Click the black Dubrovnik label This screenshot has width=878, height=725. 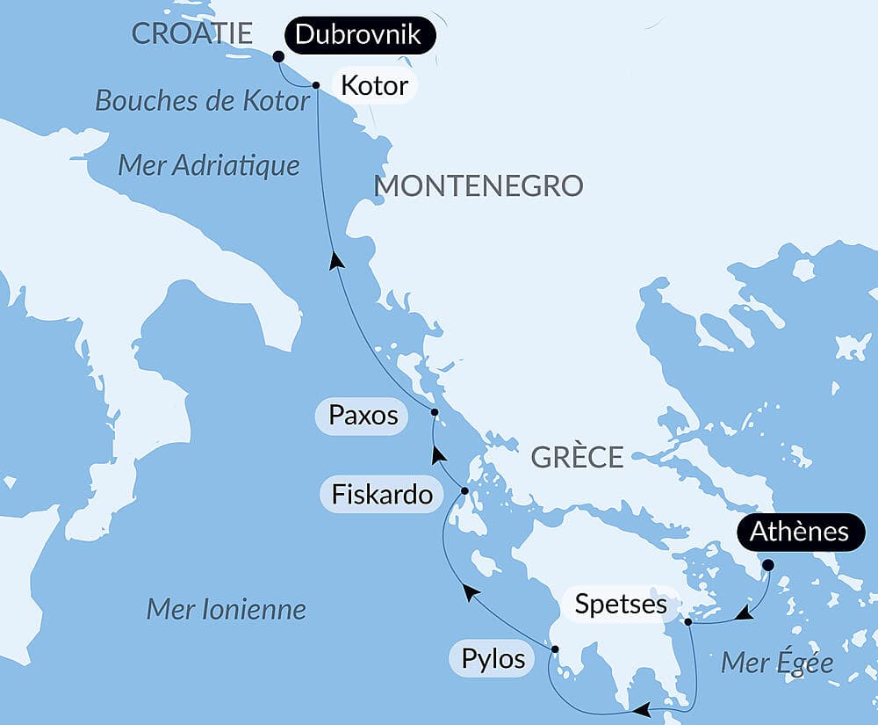point(359,35)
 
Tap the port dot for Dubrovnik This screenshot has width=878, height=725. point(278,56)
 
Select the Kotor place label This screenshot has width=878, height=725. point(373,85)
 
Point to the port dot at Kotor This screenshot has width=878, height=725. point(315,85)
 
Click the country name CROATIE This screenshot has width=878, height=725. point(191,34)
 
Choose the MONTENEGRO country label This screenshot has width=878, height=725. point(479,186)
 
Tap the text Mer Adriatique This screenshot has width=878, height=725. point(209,165)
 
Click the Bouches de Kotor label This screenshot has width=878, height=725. point(202,101)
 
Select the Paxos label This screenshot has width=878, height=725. point(363,416)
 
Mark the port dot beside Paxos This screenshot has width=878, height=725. point(434,412)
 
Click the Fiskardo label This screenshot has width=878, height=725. point(382,495)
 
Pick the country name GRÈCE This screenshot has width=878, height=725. point(577,458)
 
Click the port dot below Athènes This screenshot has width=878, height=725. point(768,564)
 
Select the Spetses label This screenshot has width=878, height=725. point(620,605)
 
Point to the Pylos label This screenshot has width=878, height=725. point(493,658)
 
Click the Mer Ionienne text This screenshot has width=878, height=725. point(226,609)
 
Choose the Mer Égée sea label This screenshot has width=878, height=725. point(776,663)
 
